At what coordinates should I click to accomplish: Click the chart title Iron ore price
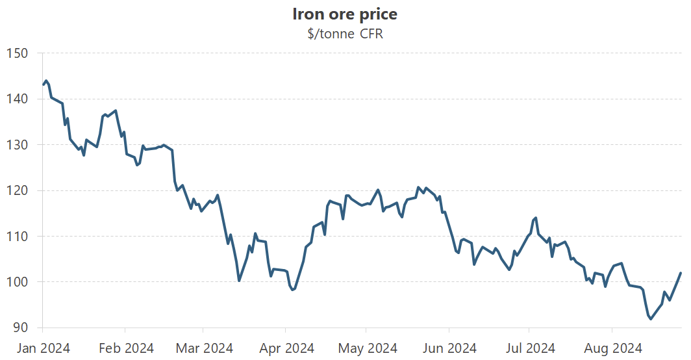point(345,14)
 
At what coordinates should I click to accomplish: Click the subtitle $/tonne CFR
point(345,34)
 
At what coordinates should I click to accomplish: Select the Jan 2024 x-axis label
point(43,348)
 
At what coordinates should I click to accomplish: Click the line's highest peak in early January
point(46,81)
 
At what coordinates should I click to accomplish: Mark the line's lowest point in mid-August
point(650,319)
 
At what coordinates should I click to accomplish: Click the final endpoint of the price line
point(681,273)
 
